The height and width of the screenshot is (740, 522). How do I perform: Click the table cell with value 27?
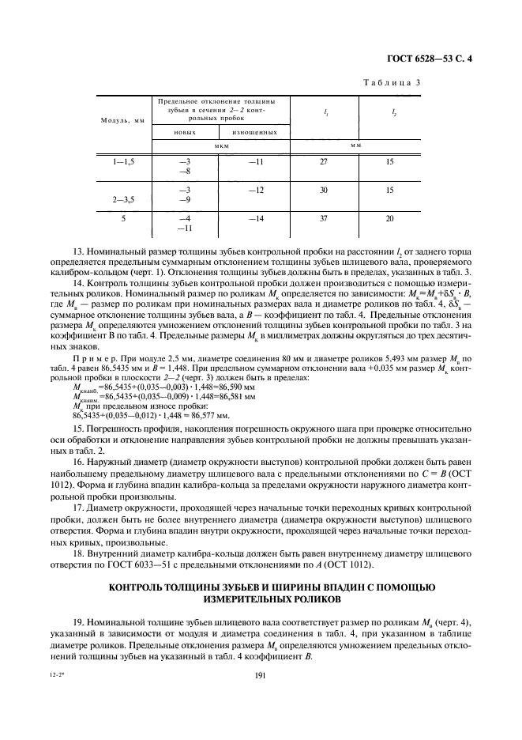323,161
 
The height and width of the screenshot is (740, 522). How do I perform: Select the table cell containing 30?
323,191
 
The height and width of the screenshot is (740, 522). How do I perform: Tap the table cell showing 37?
323,218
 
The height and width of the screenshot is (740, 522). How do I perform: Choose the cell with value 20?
390,218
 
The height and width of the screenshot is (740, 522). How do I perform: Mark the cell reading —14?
255,218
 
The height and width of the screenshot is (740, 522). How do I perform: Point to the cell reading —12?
255,191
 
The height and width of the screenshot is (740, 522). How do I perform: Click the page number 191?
261,674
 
